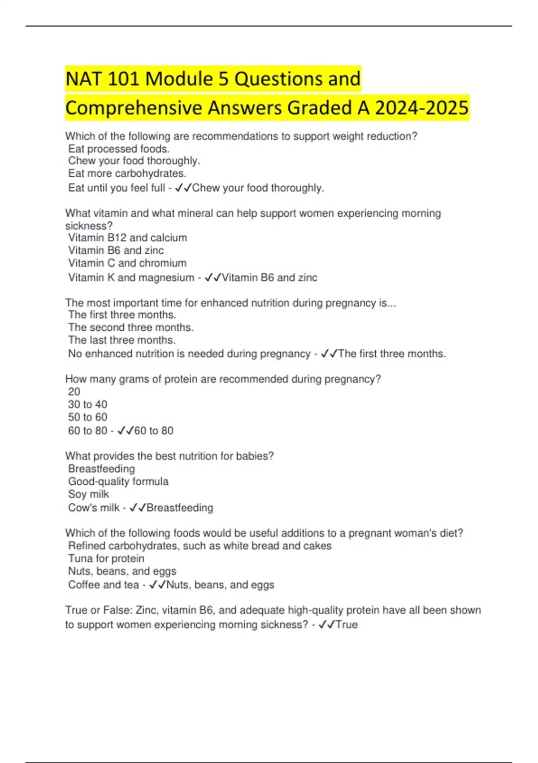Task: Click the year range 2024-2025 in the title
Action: pos(421,108)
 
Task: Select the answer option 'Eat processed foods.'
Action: pos(119,149)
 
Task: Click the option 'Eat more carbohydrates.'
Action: pos(127,173)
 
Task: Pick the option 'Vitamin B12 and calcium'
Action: pos(127,237)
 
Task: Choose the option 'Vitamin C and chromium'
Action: pos(127,263)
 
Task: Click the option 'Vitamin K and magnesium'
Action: pos(131,277)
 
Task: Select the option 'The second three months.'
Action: pos(130,327)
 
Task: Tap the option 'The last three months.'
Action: pos(121,340)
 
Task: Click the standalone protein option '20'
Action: pos(74,391)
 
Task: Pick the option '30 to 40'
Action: pos(87,404)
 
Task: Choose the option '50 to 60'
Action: pos(87,417)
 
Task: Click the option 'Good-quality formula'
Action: pos(118,481)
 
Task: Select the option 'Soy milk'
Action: pos(88,494)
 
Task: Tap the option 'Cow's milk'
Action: pos(94,508)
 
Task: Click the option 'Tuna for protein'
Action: pos(106,558)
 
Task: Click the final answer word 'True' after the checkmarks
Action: pos(347,624)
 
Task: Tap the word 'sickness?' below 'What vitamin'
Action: pos(89,225)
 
